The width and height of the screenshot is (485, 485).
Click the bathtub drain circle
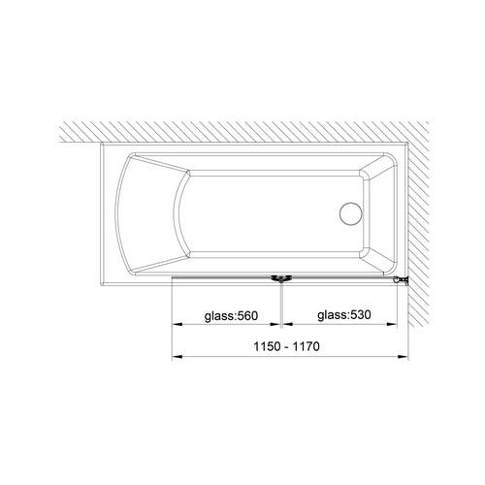351,213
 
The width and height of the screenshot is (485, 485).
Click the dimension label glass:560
231,315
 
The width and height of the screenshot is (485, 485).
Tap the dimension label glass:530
344,314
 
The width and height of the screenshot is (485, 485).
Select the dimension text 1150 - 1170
287,346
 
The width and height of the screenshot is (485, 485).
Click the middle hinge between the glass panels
281,279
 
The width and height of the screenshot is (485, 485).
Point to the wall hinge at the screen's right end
401,280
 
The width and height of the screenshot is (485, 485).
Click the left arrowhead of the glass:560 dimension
178,324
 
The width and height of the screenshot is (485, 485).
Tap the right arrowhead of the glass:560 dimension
275,324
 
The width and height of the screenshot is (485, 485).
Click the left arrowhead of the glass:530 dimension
288,324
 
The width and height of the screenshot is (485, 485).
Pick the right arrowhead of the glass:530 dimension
391,324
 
